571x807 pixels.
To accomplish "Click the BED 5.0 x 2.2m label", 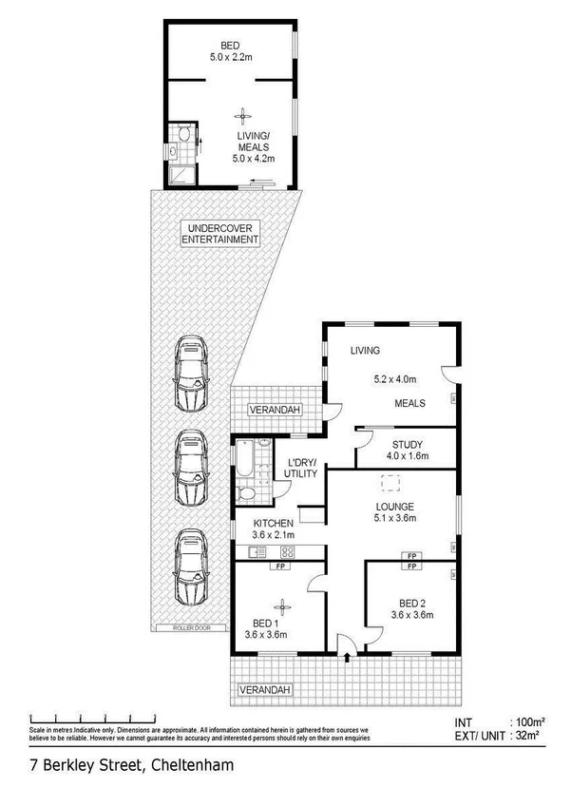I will pyautogui.click(x=231, y=50).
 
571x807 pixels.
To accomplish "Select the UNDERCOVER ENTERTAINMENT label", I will pyautogui.click(x=220, y=234).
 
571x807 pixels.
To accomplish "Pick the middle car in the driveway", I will pyautogui.click(x=191, y=470).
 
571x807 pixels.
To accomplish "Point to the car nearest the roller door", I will pyautogui.click(x=191, y=567).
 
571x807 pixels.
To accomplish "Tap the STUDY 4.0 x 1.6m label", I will pyautogui.click(x=407, y=450).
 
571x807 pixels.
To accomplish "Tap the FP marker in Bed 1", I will pyautogui.click(x=280, y=567).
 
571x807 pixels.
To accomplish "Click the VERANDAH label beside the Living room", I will pyautogui.click(x=275, y=410).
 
